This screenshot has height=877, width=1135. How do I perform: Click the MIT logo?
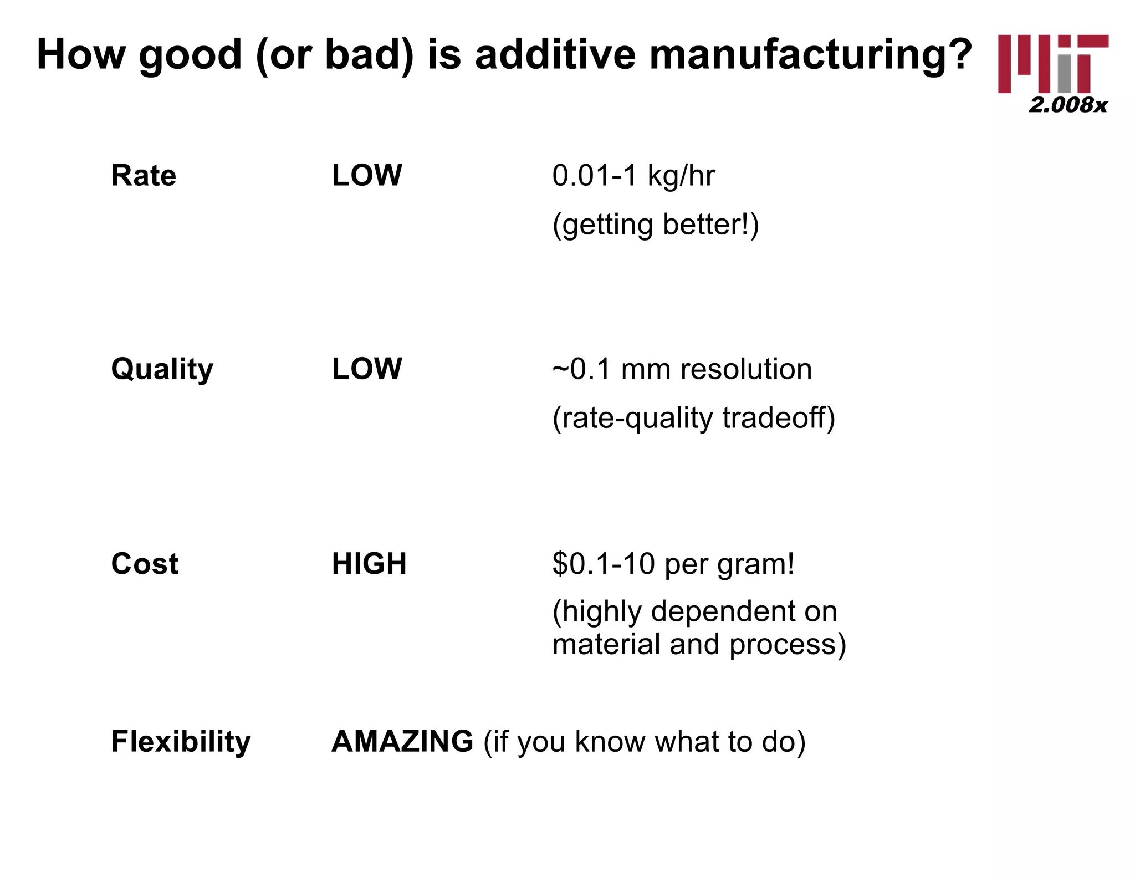tap(1052, 63)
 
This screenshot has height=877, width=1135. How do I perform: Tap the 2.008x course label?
tap(1067, 105)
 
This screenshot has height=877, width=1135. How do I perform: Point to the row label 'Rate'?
tap(144, 176)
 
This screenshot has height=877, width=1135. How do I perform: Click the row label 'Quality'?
tap(162, 369)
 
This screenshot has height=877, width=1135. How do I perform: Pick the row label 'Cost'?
tap(145, 564)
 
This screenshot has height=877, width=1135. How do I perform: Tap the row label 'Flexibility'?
tap(181, 742)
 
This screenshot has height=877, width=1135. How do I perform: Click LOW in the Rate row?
tap(366, 176)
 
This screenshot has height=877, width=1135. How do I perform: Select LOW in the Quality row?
tap(366, 369)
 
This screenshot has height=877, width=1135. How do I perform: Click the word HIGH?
tap(369, 564)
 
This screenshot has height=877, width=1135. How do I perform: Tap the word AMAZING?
tap(402, 742)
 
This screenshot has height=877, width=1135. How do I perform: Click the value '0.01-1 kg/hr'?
tap(633, 176)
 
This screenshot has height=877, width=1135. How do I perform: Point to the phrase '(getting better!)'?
tap(655, 225)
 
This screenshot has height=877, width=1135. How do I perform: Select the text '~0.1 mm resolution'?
tap(682, 369)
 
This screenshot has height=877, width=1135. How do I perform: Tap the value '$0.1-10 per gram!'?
tap(673, 564)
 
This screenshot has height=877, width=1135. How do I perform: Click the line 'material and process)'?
tap(699, 644)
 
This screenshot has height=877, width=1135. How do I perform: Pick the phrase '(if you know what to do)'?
tap(644, 742)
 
